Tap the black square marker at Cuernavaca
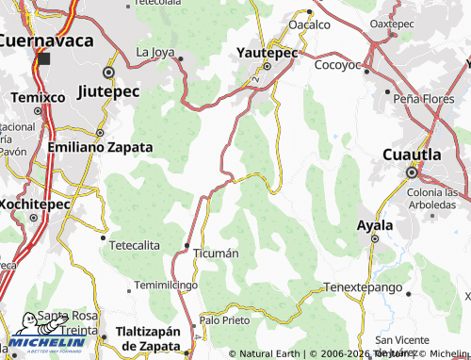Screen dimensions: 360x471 43,58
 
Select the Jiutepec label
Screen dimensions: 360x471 107,91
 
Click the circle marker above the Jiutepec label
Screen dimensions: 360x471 109,72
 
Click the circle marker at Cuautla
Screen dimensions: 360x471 411,172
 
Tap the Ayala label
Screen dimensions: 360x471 374,225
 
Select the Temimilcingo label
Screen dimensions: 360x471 166,284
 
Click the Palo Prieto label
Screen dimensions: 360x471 225,320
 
